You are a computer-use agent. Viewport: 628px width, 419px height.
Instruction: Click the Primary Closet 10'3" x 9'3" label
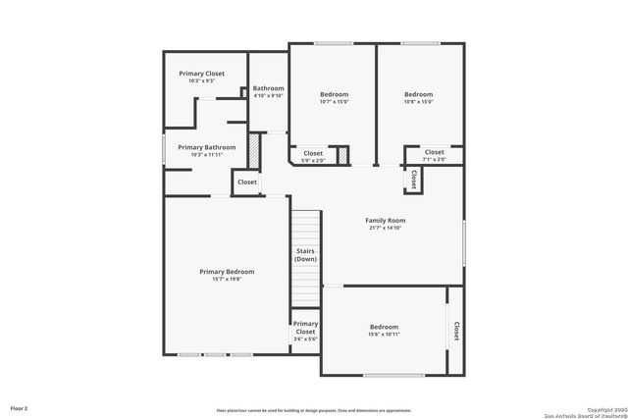pos(201,74)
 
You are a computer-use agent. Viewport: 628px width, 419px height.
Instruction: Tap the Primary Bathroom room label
pos(206,147)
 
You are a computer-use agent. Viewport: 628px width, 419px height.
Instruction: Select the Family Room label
pos(387,221)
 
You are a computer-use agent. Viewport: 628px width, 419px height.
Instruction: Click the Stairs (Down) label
pos(305,255)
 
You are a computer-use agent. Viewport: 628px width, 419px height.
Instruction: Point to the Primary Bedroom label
pos(227,271)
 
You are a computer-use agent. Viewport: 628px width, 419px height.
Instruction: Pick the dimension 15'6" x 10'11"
pos(384,335)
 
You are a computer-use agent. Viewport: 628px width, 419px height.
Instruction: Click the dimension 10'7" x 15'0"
pos(334,102)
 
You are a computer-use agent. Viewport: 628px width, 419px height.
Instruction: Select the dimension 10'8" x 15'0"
pos(418,102)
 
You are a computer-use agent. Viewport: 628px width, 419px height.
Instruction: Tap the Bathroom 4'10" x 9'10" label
pos(268,91)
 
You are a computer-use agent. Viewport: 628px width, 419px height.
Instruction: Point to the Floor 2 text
pos(20,407)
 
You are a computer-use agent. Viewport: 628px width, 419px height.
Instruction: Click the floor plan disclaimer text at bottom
pos(313,410)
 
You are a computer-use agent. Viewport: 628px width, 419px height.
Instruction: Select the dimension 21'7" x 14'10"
pos(387,229)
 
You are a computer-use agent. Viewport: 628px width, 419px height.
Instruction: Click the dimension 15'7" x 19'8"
pos(227,280)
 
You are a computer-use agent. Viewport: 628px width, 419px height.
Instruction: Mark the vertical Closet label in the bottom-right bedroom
pos(456,333)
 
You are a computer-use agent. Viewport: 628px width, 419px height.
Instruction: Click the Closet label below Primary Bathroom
pos(247,182)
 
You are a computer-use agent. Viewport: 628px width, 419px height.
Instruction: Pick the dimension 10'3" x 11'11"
pos(206,155)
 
